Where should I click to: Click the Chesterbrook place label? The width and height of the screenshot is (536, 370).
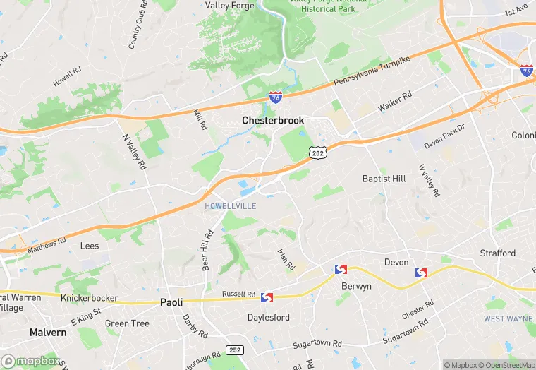click(273, 121)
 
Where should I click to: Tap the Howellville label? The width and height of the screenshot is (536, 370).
click(230, 205)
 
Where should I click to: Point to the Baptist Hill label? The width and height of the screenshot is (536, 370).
click(384, 179)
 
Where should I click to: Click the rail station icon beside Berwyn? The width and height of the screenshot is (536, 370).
click(341, 270)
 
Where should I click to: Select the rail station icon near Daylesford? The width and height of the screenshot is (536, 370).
click(267, 299)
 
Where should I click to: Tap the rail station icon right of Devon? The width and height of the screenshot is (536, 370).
click(422, 273)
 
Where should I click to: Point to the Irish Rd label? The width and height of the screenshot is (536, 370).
click(286, 258)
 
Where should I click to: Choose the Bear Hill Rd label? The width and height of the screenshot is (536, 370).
click(208, 251)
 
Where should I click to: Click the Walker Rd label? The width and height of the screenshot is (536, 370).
click(394, 103)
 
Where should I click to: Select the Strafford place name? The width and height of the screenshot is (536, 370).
click(497, 253)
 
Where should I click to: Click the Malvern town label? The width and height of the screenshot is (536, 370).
click(48, 332)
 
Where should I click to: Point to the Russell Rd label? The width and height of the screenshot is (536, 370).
click(238, 294)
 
